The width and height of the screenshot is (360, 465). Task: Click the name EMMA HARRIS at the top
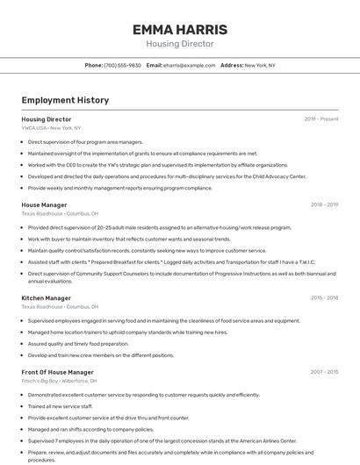pyautogui.click(x=179, y=30)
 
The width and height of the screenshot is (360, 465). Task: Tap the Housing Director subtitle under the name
pyautogui.click(x=179, y=44)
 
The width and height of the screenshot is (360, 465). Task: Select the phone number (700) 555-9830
pyautogui.click(x=122, y=65)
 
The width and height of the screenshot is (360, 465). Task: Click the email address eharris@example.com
pyautogui.click(x=187, y=65)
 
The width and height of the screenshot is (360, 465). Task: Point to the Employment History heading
pyautogui.click(x=65, y=100)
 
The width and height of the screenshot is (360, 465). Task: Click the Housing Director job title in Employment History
pyautogui.click(x=47, y=119)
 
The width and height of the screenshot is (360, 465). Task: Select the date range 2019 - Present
pyautogui.click(x=321, y=119)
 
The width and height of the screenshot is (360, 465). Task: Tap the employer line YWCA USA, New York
pyautogui.click(x=51, y=128)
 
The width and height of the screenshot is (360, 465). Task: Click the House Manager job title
pyautogui.click(x=44, y=204)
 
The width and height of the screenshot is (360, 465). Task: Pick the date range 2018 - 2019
pyautogui.click(x=324, y=204)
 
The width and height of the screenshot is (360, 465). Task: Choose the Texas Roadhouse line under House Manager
pyautogui.click(x=60, y=213)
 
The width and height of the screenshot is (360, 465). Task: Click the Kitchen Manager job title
pyautogui.click(x=47, y=298)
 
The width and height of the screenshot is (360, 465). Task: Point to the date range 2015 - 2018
pyautogui.click(x=324, y=298)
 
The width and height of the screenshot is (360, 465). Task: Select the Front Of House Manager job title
pyautogui.click(x=57, y=372)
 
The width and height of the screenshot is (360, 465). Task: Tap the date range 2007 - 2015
pyautogui.click(x=324, y=372)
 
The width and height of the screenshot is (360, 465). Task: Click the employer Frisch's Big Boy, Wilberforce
pyautogui.click(x=59, y=381)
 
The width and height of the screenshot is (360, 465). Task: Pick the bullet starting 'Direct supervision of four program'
pyautogui.click(x=84, y=141)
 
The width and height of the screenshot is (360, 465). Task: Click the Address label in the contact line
pyautogui.click(x=232, y=65)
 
